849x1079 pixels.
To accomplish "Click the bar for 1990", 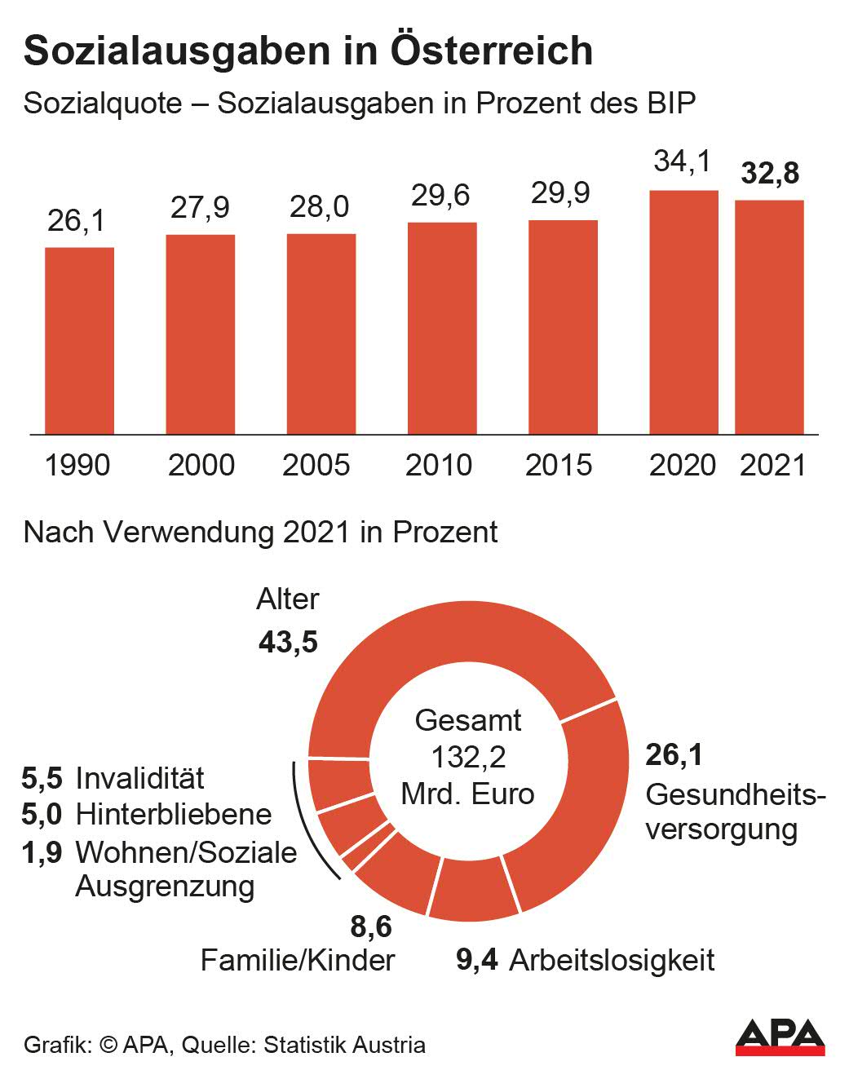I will (x=79, y=340).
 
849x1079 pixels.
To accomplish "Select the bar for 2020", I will (x=683, y=312).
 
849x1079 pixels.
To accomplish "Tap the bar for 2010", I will (x=442, y=328).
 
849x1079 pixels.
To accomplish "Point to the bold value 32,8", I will (x=770, y=174).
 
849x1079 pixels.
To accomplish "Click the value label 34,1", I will (x=683, y=161).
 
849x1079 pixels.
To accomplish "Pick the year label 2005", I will (x=316, y=465).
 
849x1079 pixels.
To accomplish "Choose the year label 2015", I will (x=559, y=465).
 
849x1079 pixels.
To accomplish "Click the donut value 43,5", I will (x=288, y=642).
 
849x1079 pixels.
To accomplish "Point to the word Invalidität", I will (x=139, y=778).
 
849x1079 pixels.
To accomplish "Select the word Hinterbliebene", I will (x=174, y=814).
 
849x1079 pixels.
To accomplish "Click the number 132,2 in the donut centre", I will (x=468, y=757).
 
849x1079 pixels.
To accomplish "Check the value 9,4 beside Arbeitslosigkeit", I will (x=477, y=960).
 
